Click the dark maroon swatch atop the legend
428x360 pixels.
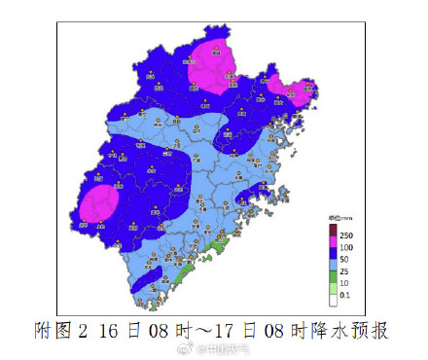tap(331, 228)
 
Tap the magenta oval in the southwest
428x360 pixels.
tap(99, 204)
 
